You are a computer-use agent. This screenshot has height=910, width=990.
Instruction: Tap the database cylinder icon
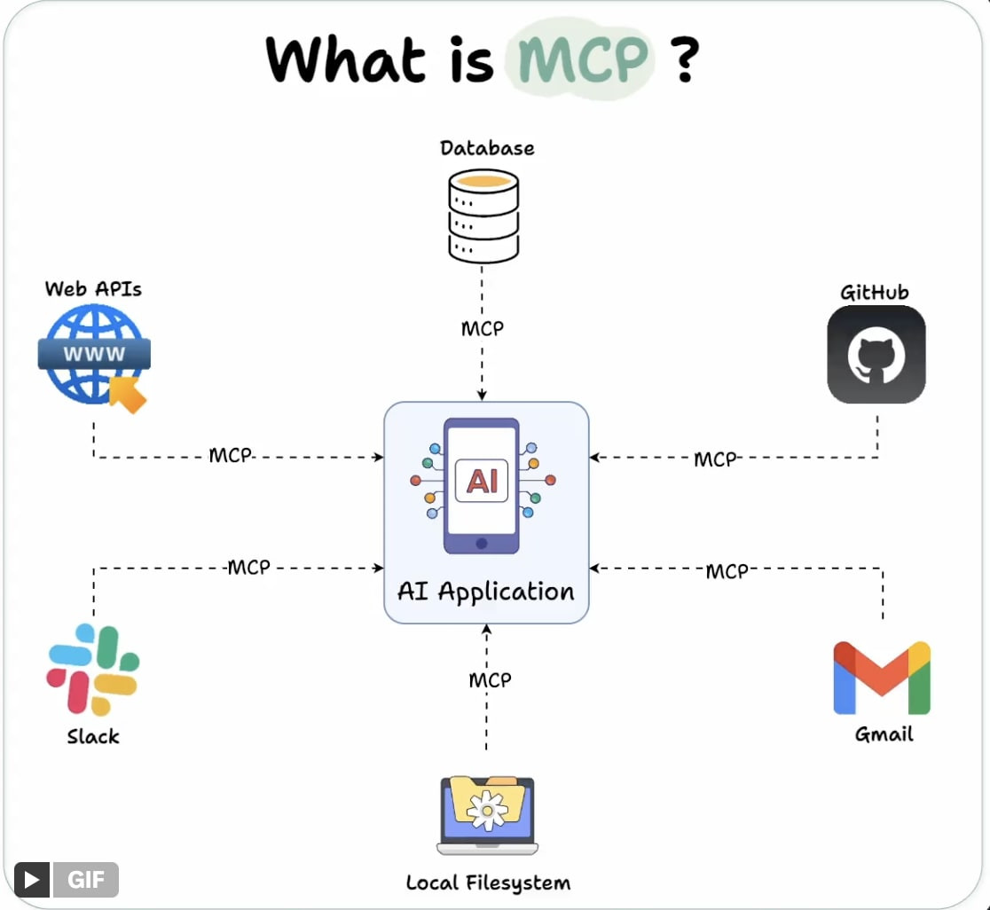point(483,216)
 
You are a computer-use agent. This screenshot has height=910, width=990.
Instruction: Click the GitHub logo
point(876,355)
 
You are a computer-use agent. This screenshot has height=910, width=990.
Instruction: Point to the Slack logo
point(93,670)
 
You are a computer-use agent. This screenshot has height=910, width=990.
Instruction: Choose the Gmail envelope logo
point(882,678)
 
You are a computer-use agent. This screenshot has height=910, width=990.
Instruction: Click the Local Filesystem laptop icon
point(487,815)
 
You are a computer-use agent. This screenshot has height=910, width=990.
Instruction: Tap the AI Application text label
point(486,591)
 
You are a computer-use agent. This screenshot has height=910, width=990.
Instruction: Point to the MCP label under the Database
point(483,328)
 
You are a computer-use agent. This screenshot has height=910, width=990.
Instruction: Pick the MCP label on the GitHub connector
point(715,459)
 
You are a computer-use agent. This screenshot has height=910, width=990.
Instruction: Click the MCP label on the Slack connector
point(248,567)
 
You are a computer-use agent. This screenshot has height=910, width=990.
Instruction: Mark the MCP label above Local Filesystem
point(490,679)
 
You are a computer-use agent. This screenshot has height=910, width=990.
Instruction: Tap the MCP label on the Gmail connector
point(727,571)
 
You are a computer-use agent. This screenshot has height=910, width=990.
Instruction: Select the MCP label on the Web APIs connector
point(231,455)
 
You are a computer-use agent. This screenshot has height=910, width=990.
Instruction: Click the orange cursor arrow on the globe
point(129,393)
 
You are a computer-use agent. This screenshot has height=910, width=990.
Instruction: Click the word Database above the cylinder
point(487,147)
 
